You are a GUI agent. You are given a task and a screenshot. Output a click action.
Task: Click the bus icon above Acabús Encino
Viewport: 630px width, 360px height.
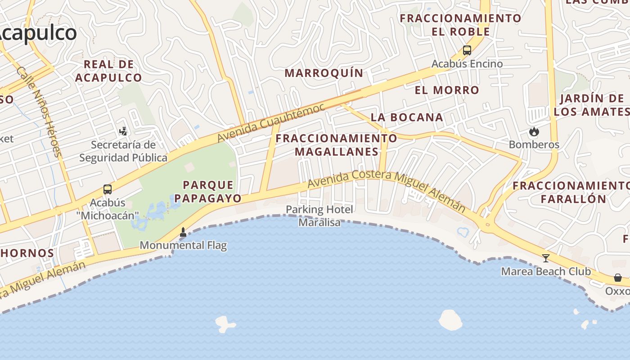click(467, 50)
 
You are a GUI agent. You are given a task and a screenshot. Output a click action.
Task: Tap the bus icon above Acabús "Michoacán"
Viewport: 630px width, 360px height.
click(108, 189)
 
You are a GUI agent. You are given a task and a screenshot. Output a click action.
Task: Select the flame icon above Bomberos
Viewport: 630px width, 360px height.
click(534, 131)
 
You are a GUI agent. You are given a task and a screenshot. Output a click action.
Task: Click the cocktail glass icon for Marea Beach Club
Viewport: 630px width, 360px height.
click(546, 258)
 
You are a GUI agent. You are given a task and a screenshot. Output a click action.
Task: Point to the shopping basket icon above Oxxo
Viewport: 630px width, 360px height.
click(618, 278)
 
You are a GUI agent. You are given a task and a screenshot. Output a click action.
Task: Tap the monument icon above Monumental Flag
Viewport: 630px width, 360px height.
click(183, 232)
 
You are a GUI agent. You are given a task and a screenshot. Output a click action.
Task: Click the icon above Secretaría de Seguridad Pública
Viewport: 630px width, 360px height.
click(123, 131)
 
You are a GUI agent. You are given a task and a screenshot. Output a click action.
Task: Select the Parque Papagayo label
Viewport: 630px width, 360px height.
click(208, 191)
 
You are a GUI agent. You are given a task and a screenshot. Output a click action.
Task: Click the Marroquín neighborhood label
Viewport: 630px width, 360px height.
click(324, 73)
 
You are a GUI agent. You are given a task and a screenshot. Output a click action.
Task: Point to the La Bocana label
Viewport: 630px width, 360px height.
click(407, 117)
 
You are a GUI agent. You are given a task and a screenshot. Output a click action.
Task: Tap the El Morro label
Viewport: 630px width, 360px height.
click(447, 90)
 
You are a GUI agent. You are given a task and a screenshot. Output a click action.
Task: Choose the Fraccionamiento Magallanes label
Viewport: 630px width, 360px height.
click(337, 145)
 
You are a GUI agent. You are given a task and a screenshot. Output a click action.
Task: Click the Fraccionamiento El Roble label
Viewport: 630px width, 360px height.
click(460, 25)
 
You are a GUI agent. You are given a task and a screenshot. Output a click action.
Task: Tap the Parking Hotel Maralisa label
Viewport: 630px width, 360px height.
click(319, 216)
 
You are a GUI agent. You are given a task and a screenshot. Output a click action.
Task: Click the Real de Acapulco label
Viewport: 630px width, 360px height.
click(108, 71)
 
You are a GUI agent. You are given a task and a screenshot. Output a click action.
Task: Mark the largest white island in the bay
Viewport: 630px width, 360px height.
click(450, 320)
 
